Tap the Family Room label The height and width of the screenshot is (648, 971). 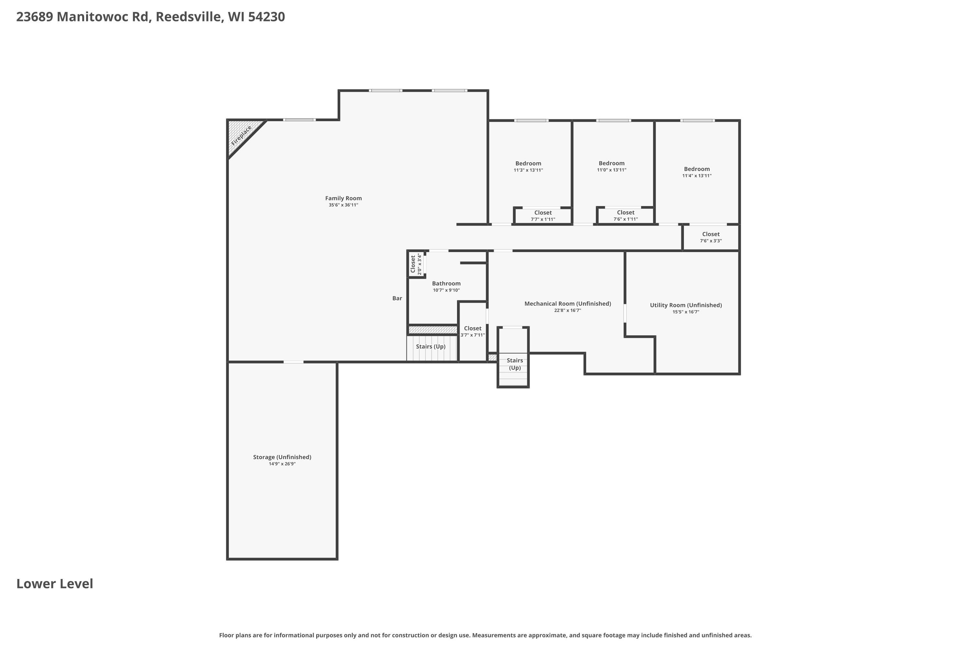click(343, 198)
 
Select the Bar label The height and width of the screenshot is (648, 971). click(397, 298)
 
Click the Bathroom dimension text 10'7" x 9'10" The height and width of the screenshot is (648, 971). click(446, 290)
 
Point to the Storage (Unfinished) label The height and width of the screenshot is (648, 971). click(282, 457)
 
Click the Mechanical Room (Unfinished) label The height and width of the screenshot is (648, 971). click(568, 304)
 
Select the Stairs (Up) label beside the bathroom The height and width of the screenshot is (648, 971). click(430, 347)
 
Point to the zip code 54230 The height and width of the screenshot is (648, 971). click(266, 17)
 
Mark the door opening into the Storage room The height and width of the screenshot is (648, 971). click(293, 362)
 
